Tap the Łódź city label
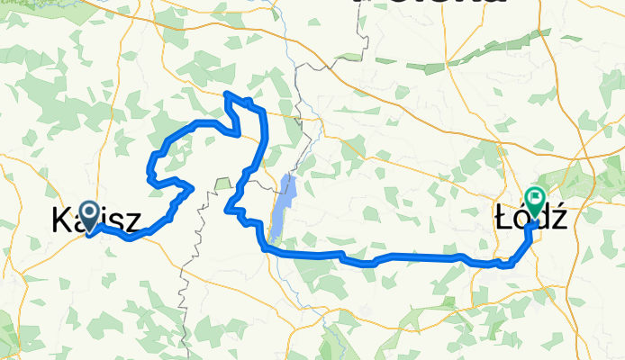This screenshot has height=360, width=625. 530,215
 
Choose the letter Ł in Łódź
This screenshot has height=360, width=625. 505,216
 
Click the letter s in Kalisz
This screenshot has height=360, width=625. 116,221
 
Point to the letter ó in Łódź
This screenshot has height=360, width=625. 523,216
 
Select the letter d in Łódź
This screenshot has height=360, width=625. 541,216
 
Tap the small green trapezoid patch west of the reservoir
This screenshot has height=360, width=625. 223,184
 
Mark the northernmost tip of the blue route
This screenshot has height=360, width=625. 226,93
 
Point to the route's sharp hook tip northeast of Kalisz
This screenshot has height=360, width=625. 191,186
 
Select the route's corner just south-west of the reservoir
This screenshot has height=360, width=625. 264,245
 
